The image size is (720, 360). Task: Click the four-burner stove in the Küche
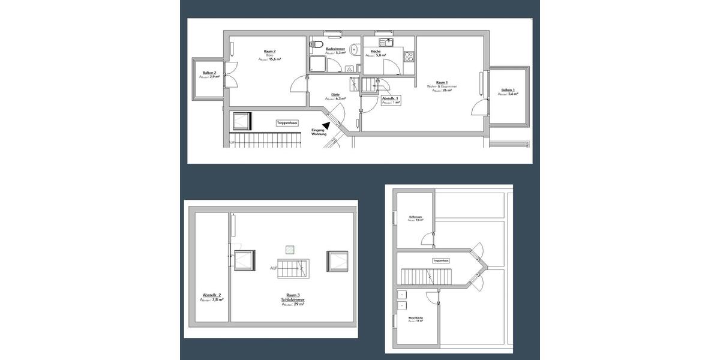click(x=409, y=58)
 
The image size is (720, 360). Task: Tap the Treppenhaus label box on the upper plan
click(x=287, y=123)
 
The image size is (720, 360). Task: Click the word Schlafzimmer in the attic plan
click(x=292, y=299)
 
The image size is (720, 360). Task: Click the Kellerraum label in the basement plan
click(x=416, y=217)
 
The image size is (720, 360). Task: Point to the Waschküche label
click(x=416, y=317)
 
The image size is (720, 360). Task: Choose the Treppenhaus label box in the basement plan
click(x=440, y=261)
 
